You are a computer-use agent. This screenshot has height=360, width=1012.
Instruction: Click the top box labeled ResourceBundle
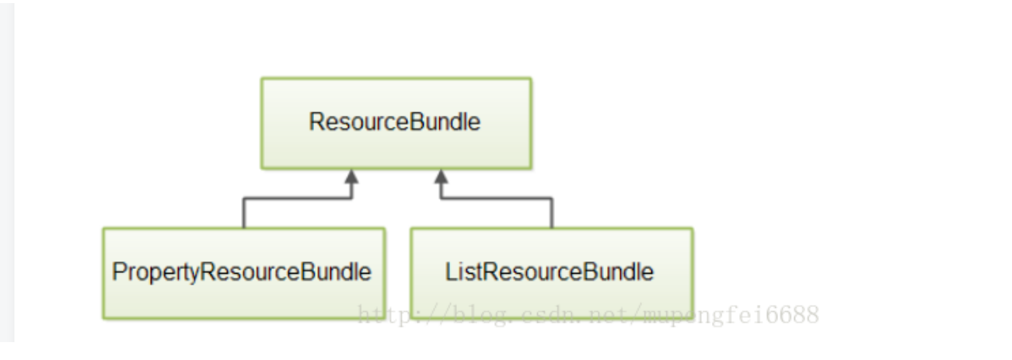pyautogui.click(x=396, y=123)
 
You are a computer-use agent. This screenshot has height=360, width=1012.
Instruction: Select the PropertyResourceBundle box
pyautogui.click(x=243, y=273)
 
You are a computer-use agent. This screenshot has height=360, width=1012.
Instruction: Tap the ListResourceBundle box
pyautogui.click(x=551, y=273)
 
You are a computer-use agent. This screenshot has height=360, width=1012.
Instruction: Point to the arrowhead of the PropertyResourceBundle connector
pyautogui.click(x=351, y=177)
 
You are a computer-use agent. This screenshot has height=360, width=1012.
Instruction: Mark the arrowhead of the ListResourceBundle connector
pyautogui.click(x=441, y=177)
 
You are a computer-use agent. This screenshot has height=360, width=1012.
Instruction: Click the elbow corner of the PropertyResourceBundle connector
pyautogui.click(x=244, y=198)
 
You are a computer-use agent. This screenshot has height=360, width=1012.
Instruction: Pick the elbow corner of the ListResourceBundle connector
pyautogui.click(x=551, y=198)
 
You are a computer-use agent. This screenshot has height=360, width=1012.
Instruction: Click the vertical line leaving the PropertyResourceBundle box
pyautogui.click(x=244, y=214)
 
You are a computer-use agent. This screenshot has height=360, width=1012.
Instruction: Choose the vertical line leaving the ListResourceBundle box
pyautogui.click(x=551, y=214)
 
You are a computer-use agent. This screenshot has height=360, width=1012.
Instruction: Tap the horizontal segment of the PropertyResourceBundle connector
pyautogui.click(x=297, y=198)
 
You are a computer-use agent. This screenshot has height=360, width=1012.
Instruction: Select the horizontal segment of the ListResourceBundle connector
pyautogui.click(x=497, y=198)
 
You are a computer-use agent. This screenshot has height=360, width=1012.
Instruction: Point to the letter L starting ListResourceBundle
pyautogui.click(x=451, y=272)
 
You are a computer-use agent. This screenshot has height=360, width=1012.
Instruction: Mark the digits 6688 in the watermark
pyautogui.click(x=793, y=315)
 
